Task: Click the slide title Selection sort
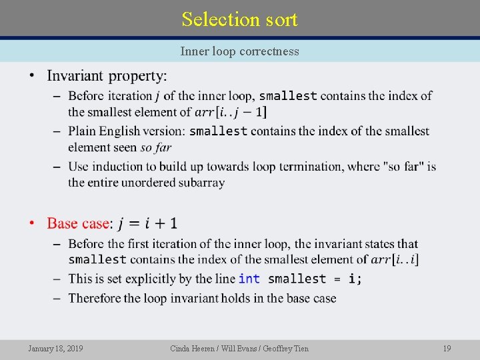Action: coord(239,19)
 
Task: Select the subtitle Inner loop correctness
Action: coord(239,51)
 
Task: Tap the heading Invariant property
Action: coord(107,75)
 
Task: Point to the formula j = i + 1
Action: coord(148,223)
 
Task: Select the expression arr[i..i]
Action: coord(395,259)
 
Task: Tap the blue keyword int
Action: coord(249,279)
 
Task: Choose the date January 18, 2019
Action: coord(56,348)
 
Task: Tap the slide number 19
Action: coord(447,348)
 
